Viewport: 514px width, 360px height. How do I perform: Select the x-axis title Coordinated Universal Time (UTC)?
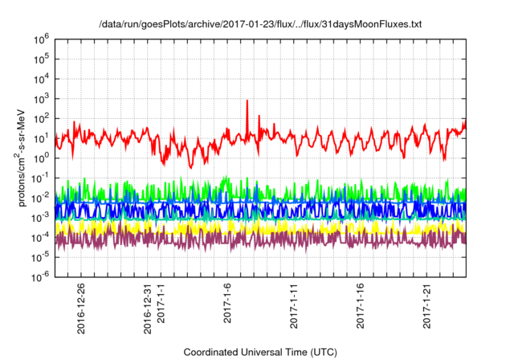(x=259, y=352)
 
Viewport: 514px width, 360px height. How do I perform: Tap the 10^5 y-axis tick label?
(x=43, y=58)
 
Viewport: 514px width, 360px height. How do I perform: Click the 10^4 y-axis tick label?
(x=43, y=78)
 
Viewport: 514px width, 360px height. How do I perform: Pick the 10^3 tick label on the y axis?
(x=43, y=98)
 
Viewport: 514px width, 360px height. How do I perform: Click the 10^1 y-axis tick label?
(x=43, y=137)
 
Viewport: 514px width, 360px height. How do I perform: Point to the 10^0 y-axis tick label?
(x=43, y=157)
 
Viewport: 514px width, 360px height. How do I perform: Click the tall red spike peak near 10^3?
(x=247, y=101)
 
